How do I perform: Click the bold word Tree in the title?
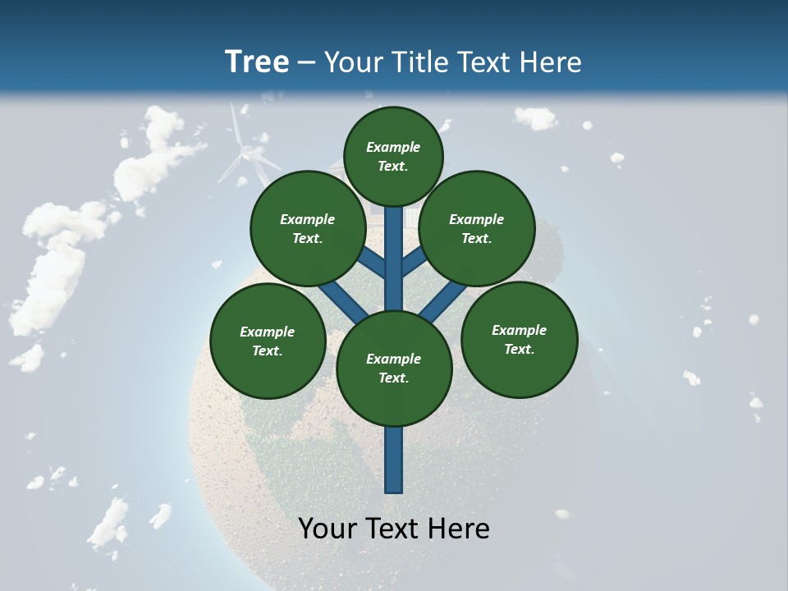click(257, 62)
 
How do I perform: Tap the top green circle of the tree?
click(393, 156)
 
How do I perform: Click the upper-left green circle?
click(307, 228)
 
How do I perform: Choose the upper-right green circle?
click(477, 228)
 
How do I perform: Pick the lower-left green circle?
click(268, 341)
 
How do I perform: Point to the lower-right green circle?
click(519, 339)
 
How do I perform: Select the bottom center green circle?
click(394, 368)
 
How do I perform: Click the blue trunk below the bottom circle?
click(394, 460)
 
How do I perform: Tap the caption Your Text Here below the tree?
click(394, 529)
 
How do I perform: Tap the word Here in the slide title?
click(551, 62)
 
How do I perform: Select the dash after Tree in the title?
click(306, 63)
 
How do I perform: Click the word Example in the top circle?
click(393, 147)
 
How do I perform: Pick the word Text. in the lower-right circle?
click(519, 349)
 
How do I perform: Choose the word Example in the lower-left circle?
click(268, 332)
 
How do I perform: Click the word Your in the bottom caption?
click(326, 529)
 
